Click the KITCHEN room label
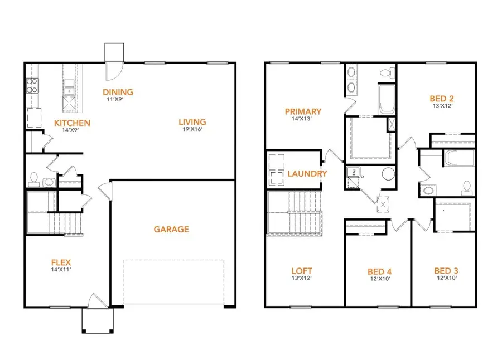point(72,123)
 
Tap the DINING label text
point(118,92)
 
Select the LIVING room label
point(192,122)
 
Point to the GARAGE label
point(171,229)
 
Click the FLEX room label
point(61,262)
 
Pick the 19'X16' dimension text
point(192,129)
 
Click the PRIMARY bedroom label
point(303,111)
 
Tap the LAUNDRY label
point(307,173)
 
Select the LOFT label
point(302,271)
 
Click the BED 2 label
point(442,99)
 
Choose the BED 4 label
point(379,272)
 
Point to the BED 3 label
point(446,271)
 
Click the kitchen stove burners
point(32,85)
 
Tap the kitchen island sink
point(69,87)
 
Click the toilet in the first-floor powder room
point(33,179)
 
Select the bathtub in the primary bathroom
point(387,100)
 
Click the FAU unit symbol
point(354,172)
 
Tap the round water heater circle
point(388,174)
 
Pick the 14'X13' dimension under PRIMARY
point(302,119)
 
